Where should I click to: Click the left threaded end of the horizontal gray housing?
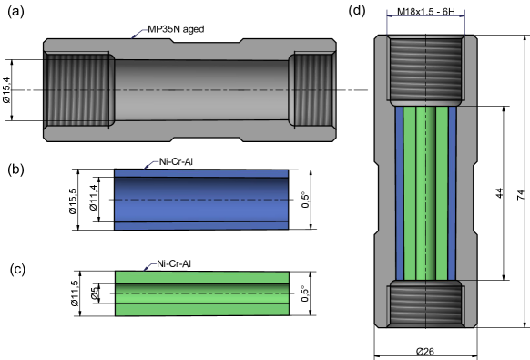pyautogui.click(x=78, y=90)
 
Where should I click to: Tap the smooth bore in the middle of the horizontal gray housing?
pyautogui.click(x=200, y=90)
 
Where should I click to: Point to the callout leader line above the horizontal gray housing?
pyautogui.click(x=139, y=34)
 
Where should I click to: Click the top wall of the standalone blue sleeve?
pyautogui.click(x=200, y=173)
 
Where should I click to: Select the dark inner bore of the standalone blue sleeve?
pyautogui.click(x=200, y=199)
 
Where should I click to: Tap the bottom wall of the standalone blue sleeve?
pyautogui.click(x=200, y=225)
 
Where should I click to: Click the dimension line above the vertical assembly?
pyautogui.click(x=425, y=14)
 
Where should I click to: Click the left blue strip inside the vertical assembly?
pyautogui.click(x=399, y=191)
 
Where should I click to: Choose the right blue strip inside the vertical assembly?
pyautogui.click(x=452, y=191)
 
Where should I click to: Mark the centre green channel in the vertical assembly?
pyautogui.click(x=425, y=191)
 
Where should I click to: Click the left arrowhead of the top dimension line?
pyautogui.click(x=390, y=14)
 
